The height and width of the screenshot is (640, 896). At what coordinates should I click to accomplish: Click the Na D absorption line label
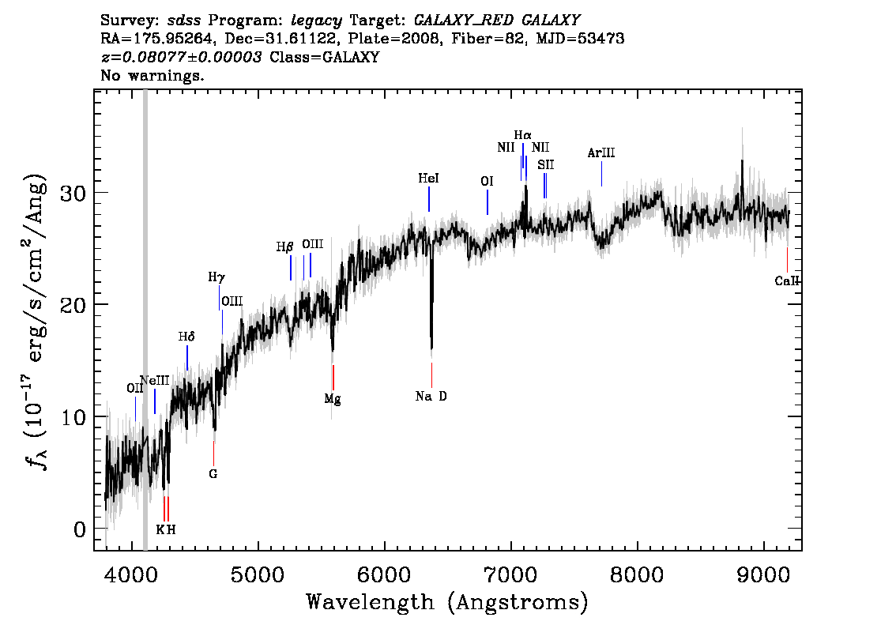pos(431,396)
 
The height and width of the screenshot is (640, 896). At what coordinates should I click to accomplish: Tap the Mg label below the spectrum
pos(333,399)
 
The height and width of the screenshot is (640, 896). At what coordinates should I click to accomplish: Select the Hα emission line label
pos(522,135)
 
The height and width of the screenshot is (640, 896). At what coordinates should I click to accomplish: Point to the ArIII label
pos(601,152)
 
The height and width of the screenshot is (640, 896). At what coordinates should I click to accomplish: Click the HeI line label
pos(428,179)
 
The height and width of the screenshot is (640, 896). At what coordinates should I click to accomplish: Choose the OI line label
pos(487,181)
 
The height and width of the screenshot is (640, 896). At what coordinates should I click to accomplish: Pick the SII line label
pos(546,164)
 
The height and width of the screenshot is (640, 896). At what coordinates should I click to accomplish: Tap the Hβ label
pos(284,247)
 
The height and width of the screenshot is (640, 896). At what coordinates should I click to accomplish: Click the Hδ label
pos(186,337)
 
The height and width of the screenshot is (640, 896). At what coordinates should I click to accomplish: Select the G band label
pos(213,474)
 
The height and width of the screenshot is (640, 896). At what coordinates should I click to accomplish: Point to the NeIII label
pos(155,380)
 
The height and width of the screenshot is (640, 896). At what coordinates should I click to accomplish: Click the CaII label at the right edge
pos(788,280)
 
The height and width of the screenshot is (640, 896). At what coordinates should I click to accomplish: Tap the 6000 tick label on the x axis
pos(385,574)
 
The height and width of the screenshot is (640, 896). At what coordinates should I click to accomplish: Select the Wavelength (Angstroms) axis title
pos(447,602)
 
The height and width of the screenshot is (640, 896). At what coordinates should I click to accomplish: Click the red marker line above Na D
pos(431,375)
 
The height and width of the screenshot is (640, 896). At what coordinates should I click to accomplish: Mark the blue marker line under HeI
pos(428,199)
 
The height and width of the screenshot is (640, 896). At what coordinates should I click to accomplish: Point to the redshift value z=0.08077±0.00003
pos(181,57)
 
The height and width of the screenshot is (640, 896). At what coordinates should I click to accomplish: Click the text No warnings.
pos(152,75)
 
